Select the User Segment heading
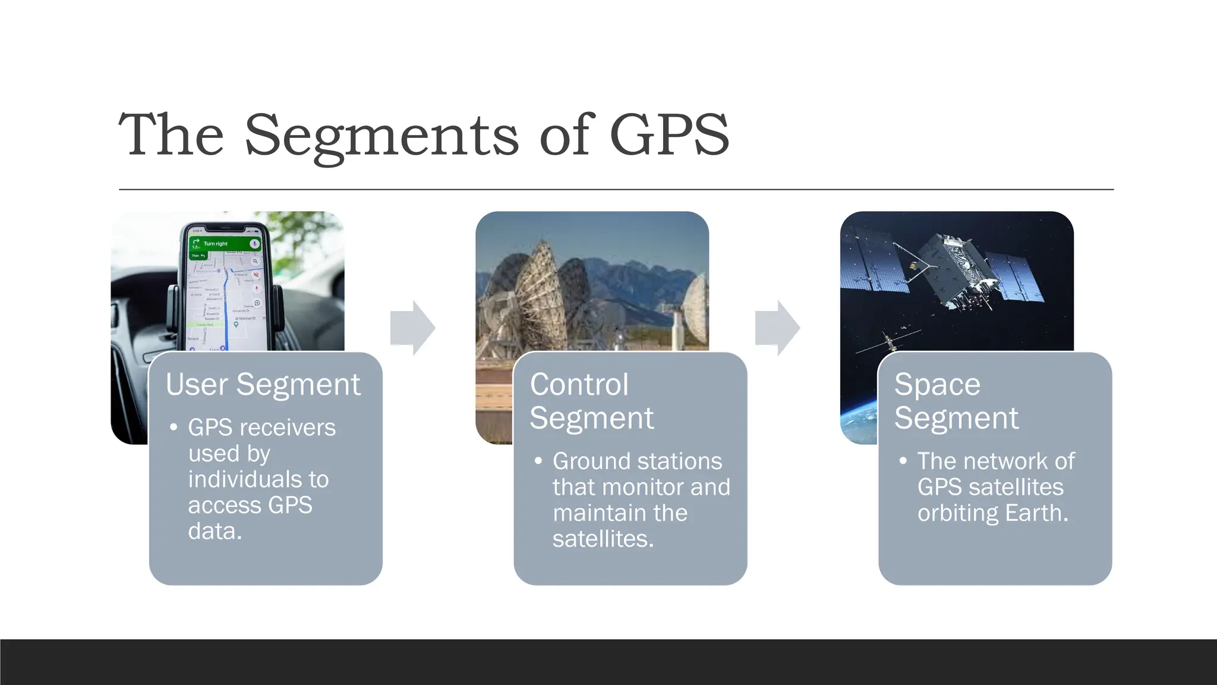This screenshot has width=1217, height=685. tap(263, 384)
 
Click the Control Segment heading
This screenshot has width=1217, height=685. tap(591, 401)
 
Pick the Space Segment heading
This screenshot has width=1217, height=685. tap(956, 401)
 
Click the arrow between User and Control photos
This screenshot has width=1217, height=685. tap(413, 328)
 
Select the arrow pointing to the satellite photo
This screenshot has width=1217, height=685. tap(777, 328)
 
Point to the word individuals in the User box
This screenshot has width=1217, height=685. tap(258, 479)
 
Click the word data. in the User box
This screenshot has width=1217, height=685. tap(215, 531)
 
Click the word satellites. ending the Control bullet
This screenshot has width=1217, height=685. tap(603, 539)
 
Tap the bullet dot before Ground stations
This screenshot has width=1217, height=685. tap(538, 461)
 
